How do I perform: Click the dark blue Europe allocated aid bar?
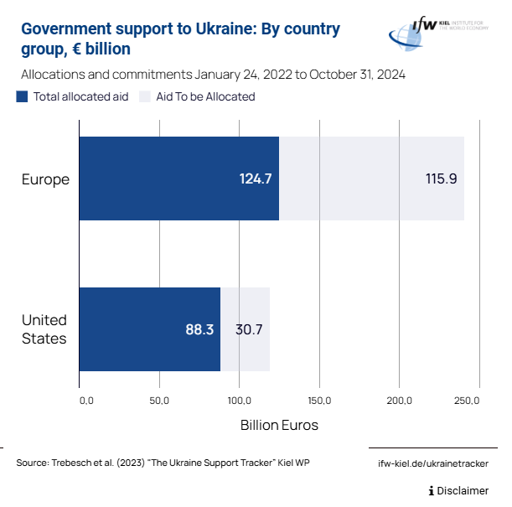pos(168,178)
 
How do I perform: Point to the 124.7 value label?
pos(256,178)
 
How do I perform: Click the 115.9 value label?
pos(441,178)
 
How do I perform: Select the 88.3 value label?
pos(199,329)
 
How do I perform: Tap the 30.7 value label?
pos(249,329)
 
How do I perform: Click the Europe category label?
pos(45,179)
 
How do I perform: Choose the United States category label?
pos(44,329)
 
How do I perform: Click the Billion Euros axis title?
pos(279,425)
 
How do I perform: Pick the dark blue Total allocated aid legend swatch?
pos(22,96)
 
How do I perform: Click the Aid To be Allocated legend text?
pos(205,96)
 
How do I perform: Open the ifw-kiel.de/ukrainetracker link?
pos(433,463)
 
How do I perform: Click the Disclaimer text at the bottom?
pos(463,490)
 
